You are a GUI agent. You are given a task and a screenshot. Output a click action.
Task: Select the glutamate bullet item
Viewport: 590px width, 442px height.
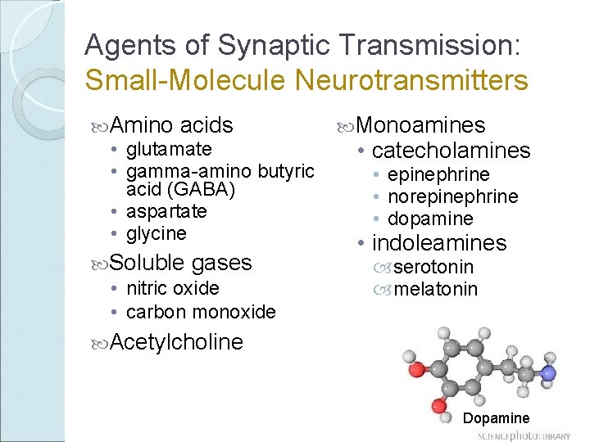[x=169, y=149]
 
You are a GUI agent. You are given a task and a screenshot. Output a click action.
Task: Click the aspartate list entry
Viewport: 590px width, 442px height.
[x=166, y=211]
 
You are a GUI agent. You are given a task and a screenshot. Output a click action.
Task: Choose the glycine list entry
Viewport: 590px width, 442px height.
[x=157, y=233]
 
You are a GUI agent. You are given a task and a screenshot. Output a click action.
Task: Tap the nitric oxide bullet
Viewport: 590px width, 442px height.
[x=173, y=288]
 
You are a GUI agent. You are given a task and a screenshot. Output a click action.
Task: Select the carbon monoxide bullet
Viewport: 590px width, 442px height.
[x=201, y=312]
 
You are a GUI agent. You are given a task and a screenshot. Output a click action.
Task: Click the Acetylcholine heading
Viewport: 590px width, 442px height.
[x=175, y=342]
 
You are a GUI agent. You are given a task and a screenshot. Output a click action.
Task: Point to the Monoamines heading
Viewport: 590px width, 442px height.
[x=421, y=125]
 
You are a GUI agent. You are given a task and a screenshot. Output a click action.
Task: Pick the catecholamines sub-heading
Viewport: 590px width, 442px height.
[x=451, y=151]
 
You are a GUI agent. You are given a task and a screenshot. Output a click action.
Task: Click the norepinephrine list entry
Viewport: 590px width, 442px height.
[x=452, y=196]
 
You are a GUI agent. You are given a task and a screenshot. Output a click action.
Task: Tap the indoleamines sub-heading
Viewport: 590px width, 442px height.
[x=439, y=243]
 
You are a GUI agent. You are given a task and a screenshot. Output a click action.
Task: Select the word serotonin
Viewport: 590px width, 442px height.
[x=433, y=267]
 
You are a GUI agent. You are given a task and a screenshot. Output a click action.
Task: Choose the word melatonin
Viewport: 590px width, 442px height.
[x=435, y=289]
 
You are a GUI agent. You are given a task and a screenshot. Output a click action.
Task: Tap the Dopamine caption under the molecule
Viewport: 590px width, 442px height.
[x=496, y=418]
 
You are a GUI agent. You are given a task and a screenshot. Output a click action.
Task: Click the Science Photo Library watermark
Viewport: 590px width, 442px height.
[x=524, y=435]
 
